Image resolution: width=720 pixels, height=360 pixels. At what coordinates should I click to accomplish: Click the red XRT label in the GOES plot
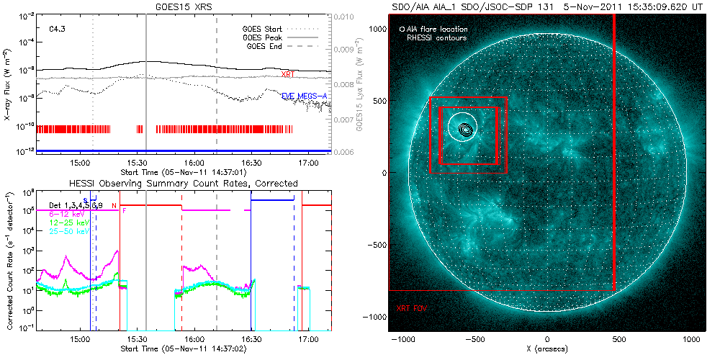(x=288, y=74)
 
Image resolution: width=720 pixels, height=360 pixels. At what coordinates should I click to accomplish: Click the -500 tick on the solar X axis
(x=474, y=338)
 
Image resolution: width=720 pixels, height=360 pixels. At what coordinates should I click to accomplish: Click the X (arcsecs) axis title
(x=547, y=349)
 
